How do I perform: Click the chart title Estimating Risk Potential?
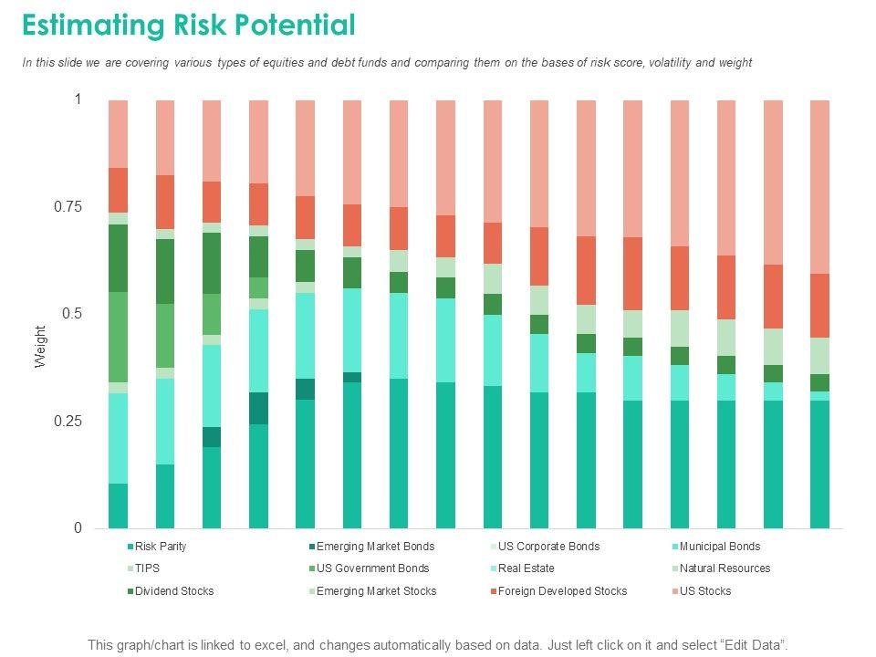[188, 26]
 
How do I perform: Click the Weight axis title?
[40, 347]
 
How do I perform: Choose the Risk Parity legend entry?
[160, 547]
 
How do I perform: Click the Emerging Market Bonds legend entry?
[375, 547]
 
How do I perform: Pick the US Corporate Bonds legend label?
[548, 547]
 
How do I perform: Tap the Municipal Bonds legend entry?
[719, 547]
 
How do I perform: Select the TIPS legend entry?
[149, 568]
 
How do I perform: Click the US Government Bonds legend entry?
[372, 568]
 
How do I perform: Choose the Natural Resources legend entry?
[725, 568]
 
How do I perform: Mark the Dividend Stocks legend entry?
[173, 591]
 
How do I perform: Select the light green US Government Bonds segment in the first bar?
[119, 337]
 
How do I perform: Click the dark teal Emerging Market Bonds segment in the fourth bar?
[259, 408]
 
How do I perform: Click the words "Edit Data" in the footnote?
[754, 644]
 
